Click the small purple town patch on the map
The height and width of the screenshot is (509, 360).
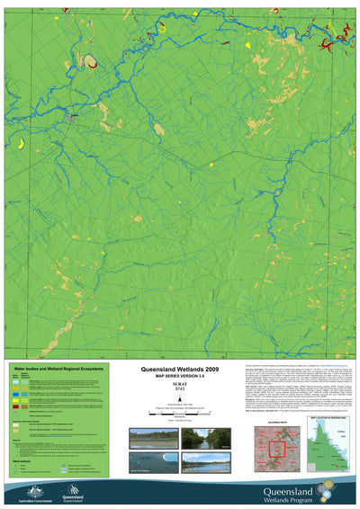(x=74, y=114)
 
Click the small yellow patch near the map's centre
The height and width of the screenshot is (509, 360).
(x=210, y=165)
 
